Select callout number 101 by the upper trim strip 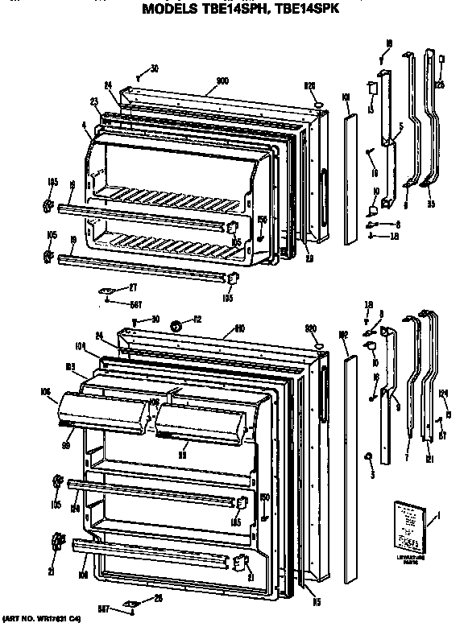(x=346, y=98)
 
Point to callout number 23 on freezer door (x=93, y=102)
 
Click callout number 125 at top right (x=440, y=84)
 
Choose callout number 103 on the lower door (x=71, y=365)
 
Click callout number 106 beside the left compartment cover (x=43, y=392)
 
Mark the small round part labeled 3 (x=368, y=458)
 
